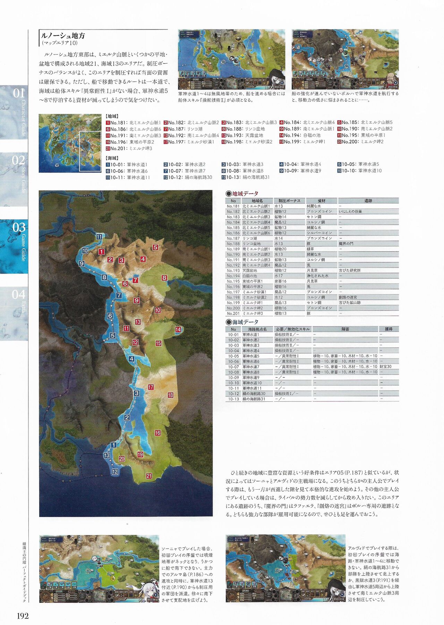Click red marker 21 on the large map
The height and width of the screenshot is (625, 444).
pyautogui.click(x=149, y=476)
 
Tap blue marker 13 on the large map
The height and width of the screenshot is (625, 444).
pyautogui.click(x=106, y=456)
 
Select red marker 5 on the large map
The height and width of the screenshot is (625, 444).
pyautogui.click(x=155, y=248)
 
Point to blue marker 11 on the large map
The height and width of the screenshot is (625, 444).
pyautogui.click(x=100, y=237)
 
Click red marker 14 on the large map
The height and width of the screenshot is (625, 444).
pyautogui.click(x=178, y=330)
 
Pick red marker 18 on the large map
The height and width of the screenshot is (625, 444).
pyautogui.click(x=170, y=395)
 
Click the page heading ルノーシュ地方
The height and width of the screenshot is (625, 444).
pyautogui.click(x=63, y=36)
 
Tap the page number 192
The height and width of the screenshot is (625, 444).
pyautogui.click(x=22, y=616)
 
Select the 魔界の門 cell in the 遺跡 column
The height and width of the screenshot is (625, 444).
pyautogui.click(x=346, y=244)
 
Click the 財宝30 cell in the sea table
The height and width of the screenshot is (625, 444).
pyautogui.click(x=385, y=367)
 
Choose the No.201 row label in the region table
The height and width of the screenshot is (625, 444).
pyautogui.click(x=233, y=314)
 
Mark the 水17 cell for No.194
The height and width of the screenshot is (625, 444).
pyautogui.click(x=279, y=276)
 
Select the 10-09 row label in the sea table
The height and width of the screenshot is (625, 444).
pyautogui.click(x=233, y=377)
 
